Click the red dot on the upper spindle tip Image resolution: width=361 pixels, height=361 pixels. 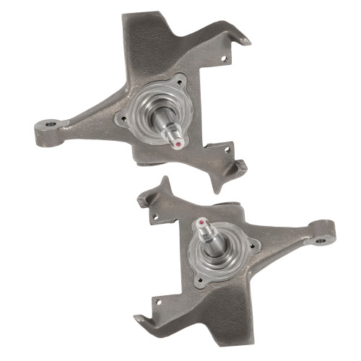tap(178, 143)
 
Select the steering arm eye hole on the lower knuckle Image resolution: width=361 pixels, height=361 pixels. tap(319, 232)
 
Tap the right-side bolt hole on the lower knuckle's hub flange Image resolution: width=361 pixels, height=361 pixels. tap(252, 244)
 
